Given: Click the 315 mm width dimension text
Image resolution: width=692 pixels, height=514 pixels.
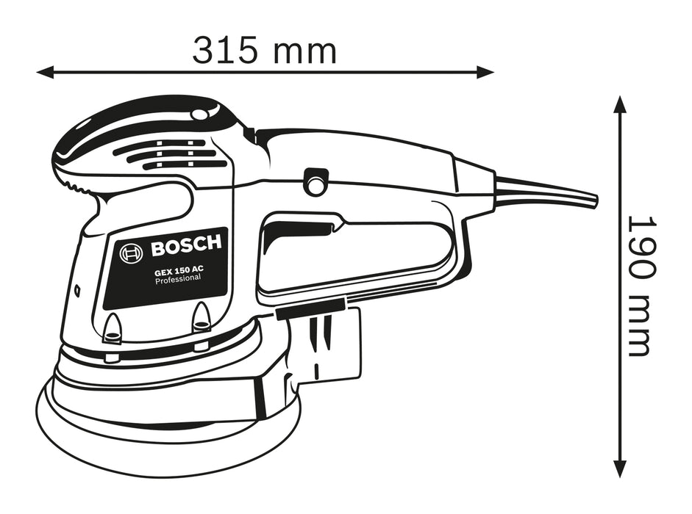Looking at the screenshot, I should (264, 51).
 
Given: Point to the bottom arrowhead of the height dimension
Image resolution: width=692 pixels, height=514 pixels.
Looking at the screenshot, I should (620, 470).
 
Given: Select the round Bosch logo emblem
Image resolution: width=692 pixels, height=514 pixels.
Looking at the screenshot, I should (131, 254).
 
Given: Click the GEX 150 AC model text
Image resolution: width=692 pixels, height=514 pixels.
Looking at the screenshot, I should (179, 270).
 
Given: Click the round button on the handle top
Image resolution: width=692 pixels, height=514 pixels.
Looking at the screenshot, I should (316, 181).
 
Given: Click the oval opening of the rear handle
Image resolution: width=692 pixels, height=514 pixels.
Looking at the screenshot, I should (353, 250).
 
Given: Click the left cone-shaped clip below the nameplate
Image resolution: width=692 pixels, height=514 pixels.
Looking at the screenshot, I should (113, 327).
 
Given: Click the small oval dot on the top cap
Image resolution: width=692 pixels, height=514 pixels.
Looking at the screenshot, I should (199, 115).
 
